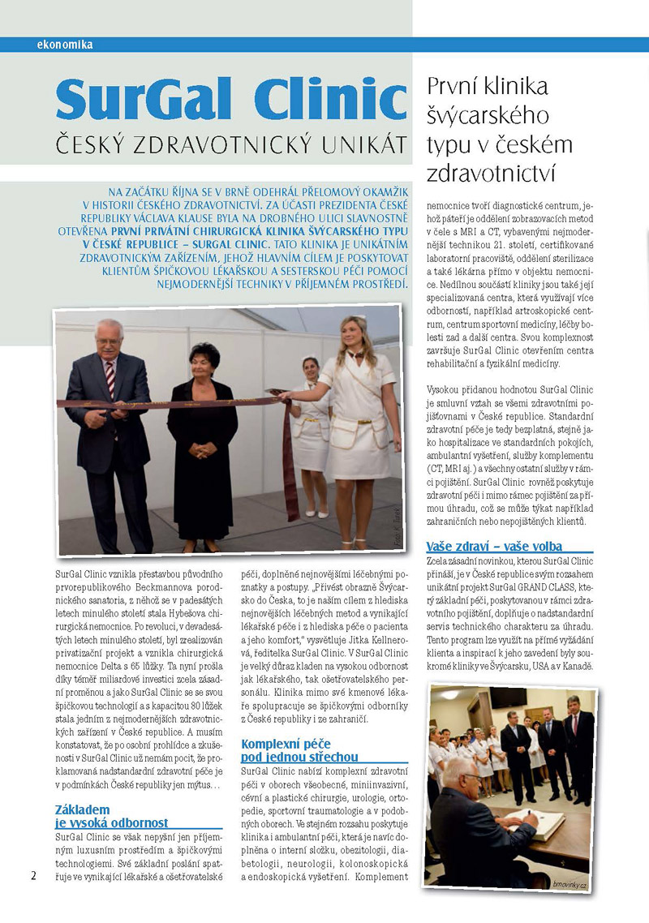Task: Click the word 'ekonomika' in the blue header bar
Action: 65,45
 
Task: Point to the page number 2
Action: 33,875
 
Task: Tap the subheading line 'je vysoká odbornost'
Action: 112,823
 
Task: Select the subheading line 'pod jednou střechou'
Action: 299,757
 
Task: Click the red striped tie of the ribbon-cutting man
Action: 110,381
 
